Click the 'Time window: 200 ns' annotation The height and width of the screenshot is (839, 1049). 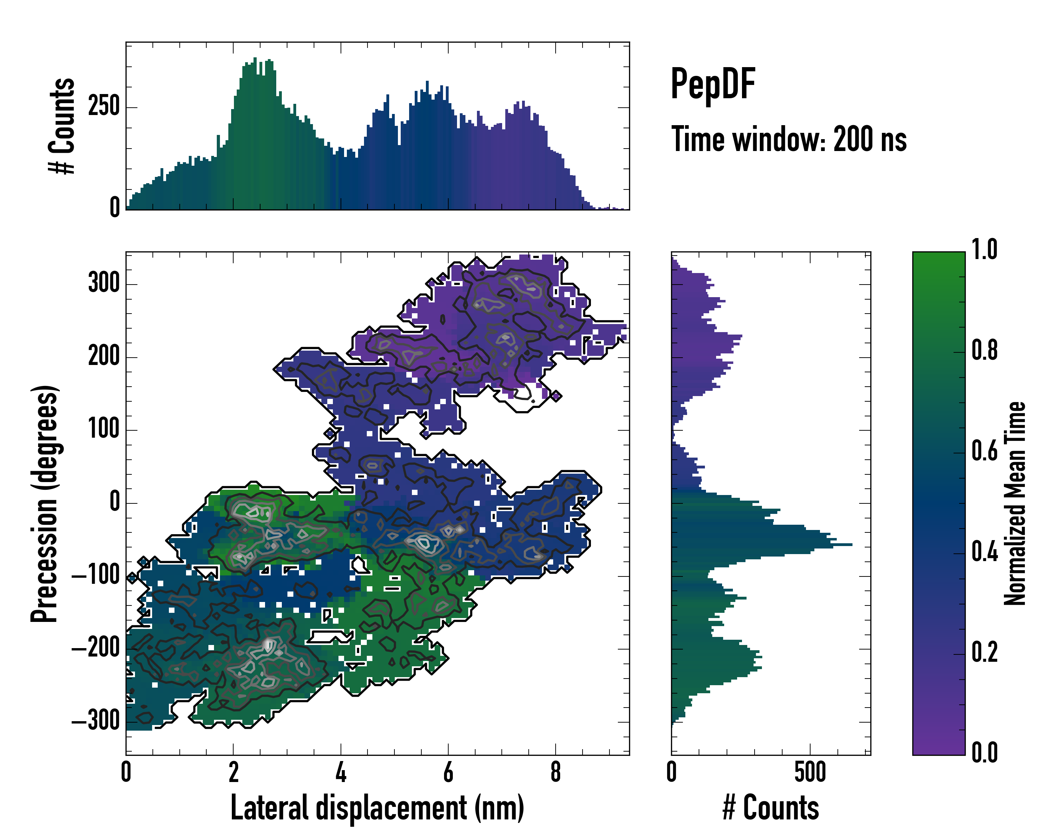(789, 139)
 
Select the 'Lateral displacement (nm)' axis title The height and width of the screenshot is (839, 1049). (377, 808)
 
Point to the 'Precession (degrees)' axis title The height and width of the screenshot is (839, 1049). (45, 503)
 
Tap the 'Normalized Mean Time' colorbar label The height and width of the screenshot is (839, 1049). (1015, 503)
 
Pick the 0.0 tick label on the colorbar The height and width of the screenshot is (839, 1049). (984, 752)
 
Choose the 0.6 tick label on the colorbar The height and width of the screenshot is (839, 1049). (984, 451)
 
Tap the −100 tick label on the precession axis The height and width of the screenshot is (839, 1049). (96, 575)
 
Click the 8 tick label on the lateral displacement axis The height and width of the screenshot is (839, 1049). (556, 772)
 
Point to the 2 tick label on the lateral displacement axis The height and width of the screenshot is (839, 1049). (234, 772)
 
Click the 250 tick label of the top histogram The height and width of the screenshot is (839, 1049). (104, 107)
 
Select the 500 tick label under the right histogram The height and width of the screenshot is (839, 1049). (810, 772)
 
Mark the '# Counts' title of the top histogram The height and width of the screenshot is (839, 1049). (62, 126)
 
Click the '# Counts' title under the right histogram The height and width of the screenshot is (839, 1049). (771, 808)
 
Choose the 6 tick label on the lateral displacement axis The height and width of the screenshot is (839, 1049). (448, 772)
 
